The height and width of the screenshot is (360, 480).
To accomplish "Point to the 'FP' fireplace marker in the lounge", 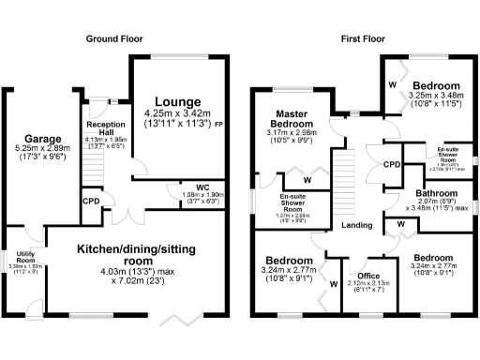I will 218,123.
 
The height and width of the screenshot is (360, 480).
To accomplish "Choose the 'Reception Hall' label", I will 105,129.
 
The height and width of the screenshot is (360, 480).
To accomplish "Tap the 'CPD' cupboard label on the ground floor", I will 91,200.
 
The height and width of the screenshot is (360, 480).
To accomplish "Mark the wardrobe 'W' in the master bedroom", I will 307,180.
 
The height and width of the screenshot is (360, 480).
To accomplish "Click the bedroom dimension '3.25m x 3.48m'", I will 437,95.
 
